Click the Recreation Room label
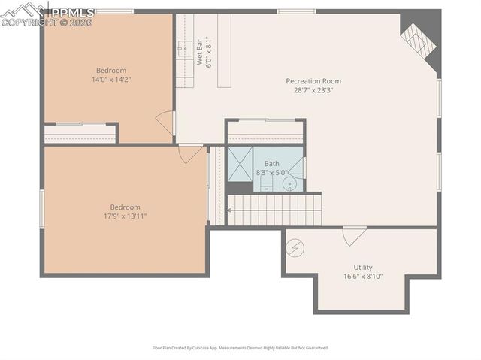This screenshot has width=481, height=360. click(x=313, y=81)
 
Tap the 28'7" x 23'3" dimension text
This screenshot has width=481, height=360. click(x=313, y=90)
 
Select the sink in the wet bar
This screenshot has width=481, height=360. click(x=184, y=50)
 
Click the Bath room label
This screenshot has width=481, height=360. click(x=271, y=163)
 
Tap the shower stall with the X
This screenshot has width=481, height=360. click(x=240, y=164)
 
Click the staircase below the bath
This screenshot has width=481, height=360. click(x=274, y=210)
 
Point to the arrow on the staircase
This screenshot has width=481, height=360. click(x=229, y=211)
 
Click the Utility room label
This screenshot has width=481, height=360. click(x=363, y=267)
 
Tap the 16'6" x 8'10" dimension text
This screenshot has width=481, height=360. click(x=363, y=276)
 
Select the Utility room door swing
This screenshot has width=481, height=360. click(x=354, y=235)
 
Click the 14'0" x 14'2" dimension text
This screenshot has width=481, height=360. click(x=110, y=79)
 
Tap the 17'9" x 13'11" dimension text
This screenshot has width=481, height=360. click(x=125, y=216)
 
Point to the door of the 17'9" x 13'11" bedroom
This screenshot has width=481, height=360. click(x=190, y=153)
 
